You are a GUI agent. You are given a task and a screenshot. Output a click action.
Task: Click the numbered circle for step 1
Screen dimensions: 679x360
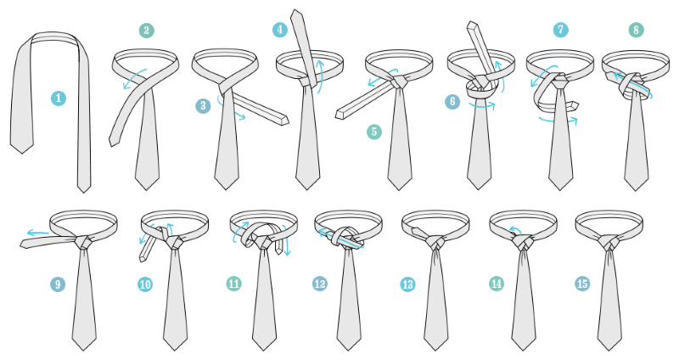click(x=59, y=98)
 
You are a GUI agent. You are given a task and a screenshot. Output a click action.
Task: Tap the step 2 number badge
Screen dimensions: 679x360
click(x=146, y=31)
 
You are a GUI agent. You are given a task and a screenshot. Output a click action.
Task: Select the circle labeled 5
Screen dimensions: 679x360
click(x=374, y=132)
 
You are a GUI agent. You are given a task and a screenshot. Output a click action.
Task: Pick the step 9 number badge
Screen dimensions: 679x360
click(x=58, y=284)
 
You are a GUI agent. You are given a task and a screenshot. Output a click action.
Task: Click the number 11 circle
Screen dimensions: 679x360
click(x=234, y=284)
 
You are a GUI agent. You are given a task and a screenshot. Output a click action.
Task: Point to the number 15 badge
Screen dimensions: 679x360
click(x=582, y=284)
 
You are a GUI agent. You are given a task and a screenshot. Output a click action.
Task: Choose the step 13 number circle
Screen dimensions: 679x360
click(x=407, y=284)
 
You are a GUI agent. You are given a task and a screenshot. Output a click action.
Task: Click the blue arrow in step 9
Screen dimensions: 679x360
click(x=37, y=233)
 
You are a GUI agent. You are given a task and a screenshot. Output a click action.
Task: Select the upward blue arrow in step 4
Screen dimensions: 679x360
click(x=321, y=75)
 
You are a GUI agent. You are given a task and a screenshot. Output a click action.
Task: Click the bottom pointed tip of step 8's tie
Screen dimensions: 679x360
click(x=636, y=190)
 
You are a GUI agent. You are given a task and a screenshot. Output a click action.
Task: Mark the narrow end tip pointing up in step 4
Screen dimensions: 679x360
click(x=295, y=10)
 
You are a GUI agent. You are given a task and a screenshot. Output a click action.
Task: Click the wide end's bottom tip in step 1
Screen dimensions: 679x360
click(x=21, y=154)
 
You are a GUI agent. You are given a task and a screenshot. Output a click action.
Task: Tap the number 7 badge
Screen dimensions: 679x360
click(x=560, y=30)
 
